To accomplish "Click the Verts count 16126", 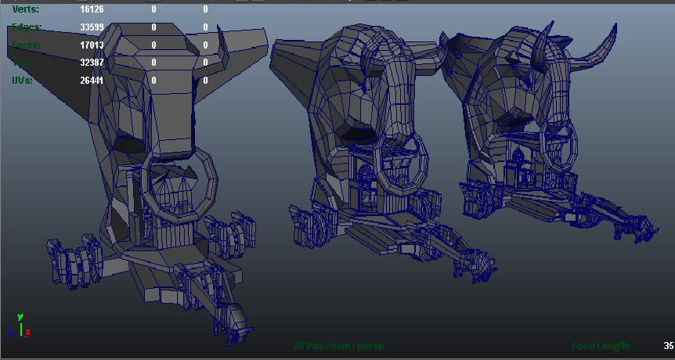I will tap(92, 9).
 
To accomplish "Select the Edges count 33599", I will tap(92, 27).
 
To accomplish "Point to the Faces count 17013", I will tap(92, 45).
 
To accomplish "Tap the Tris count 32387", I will tap(92, 63).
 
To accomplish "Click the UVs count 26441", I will tap(92, 80).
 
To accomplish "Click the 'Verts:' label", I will tap(25, 9).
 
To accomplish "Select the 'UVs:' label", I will tap(23, 80).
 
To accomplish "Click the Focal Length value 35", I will tap(668, 345).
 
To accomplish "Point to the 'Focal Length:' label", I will tap(601, 345).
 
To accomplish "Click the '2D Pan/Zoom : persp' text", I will tap(339, 345).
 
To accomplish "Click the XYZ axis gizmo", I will tap(19, 326).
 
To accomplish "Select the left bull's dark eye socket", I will tap(125, 142).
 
